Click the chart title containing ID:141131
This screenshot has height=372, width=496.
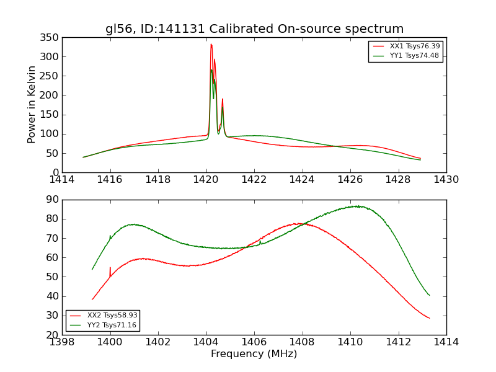[x=254, y=29]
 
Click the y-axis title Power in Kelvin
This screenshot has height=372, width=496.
[x=32, y=104]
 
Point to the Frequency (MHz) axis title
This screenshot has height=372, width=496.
[x=254, y=354]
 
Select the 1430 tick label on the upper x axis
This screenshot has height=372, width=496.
[x=446, y=180]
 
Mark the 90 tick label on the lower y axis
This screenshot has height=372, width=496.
[x=52, y=200]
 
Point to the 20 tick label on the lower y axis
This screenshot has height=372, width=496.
[x=52, y=335]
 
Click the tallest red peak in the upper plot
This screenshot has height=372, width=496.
[x=211, y=45]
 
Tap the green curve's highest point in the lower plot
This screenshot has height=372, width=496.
[x=356, y=206]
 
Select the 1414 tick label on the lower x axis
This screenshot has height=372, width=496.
[x=446, y=342]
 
